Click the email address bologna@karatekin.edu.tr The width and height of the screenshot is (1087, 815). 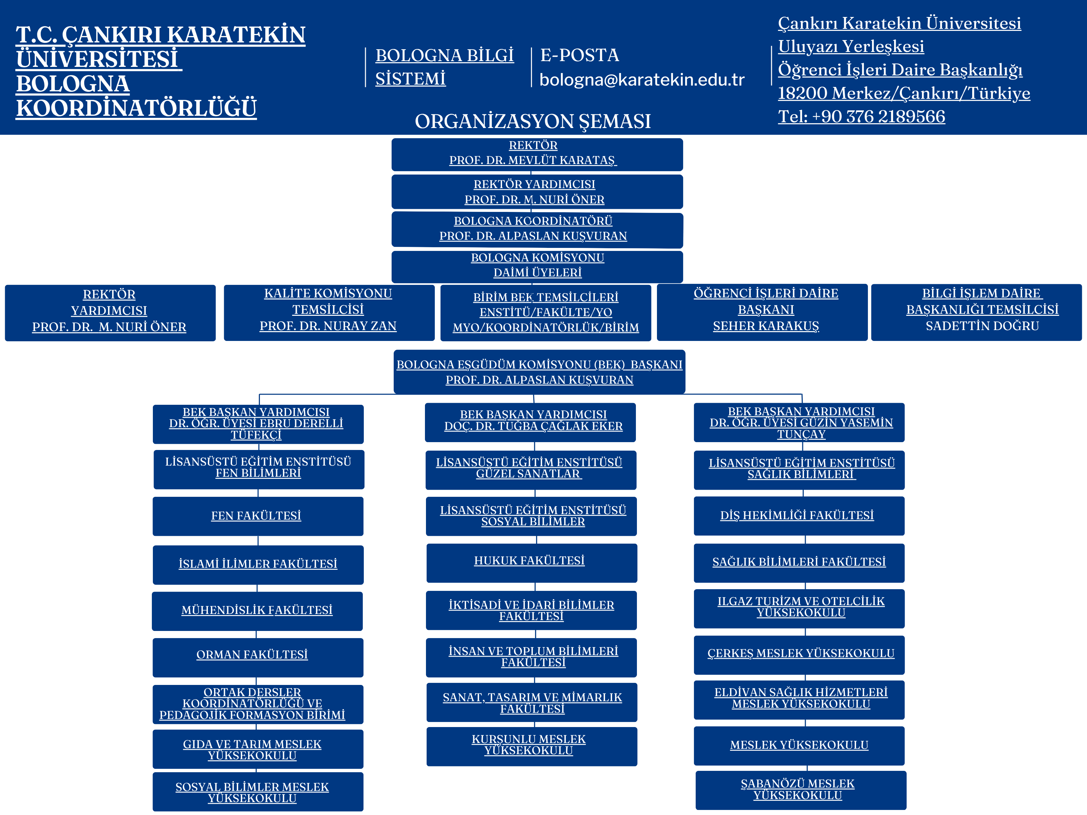(642, 79)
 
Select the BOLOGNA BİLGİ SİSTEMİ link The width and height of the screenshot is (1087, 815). (444, 67)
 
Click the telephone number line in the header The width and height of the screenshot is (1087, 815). (861, 116)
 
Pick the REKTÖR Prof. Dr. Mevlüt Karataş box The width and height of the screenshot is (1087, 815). (537, 154)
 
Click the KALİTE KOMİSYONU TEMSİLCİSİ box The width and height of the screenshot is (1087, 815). (329, 312)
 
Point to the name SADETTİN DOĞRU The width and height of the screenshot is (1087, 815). (982, 326)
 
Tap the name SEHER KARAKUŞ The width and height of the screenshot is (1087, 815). (766, 326)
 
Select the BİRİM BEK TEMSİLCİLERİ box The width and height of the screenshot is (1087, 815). (546, 312)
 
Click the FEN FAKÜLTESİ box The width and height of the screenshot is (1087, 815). (257, 516)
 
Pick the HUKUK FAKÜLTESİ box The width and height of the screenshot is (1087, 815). (531, 562)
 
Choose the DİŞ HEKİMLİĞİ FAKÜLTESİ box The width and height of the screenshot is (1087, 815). (799, 515)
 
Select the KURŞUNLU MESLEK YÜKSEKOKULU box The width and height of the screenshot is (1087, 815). (531, 746)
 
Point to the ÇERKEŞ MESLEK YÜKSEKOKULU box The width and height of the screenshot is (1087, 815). (799, 654)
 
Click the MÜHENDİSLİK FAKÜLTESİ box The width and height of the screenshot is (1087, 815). (257, 611)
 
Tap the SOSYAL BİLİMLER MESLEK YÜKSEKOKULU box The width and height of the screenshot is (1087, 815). (257, 792)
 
